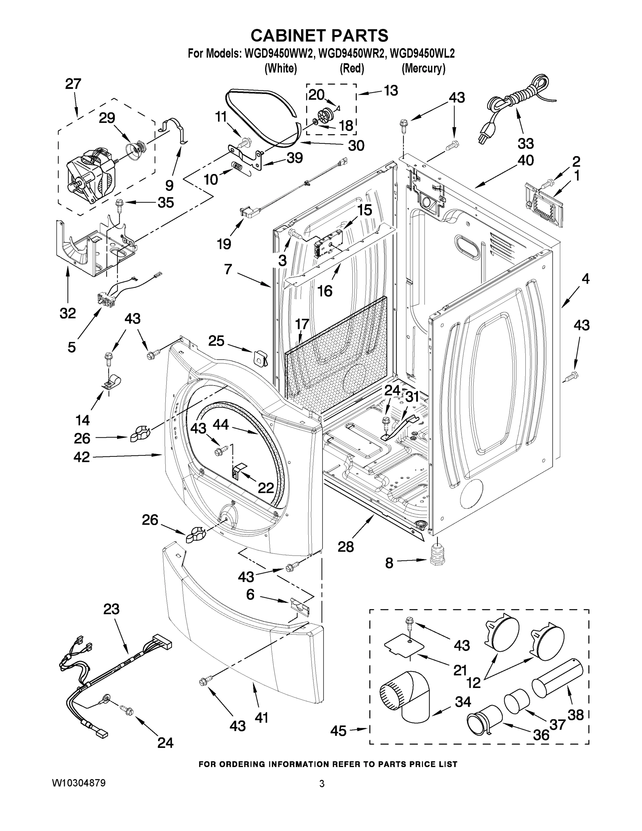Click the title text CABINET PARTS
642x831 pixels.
click(x=319, y=35)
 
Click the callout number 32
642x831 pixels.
click(x=68, y=313)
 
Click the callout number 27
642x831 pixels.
click(x=73, y=84)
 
